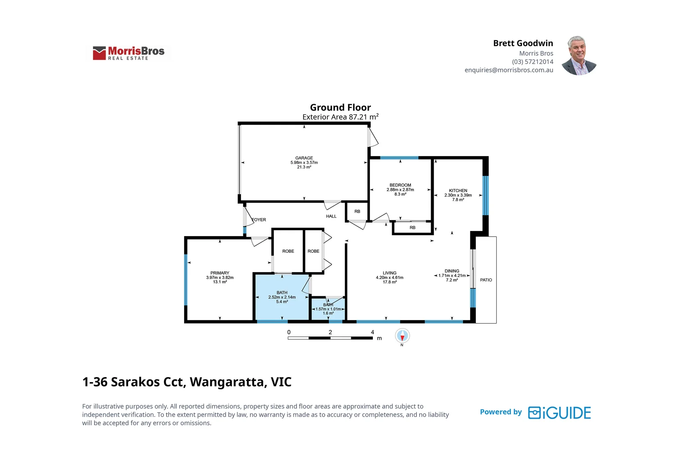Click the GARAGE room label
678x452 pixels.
click(x=304, y=158)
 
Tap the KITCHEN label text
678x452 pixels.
click(x=458, y=190)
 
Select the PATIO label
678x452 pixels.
click(x=486, y=280)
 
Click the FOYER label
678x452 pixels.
click(x=259, y=220)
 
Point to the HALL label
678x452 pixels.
click(x=331, y=216)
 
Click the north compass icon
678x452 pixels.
click(x=402, y=336)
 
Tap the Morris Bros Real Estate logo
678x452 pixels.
click(x=128, y=53)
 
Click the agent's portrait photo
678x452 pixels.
click(x=579, y=56)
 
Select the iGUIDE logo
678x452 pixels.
click(x=559, y=413)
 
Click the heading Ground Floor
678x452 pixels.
click(x=340, y=108)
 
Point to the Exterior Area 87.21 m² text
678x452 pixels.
click(x=340, y=117)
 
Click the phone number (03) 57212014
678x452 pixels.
click(x=532, y=62)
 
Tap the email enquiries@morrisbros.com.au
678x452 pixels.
click(x=508, y=70)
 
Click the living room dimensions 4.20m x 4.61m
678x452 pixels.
click(x=389, y=277)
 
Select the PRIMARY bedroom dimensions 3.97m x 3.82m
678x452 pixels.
click(x=220, y=277)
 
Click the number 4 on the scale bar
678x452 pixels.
click(x=372, y=332)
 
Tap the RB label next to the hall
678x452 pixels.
click(x=357, y=211)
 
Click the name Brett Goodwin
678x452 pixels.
click(x=523, y=43)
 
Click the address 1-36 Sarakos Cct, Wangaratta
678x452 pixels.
click(x=187, y=382)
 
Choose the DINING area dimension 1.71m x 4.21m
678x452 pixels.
click(x=452, y=275)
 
